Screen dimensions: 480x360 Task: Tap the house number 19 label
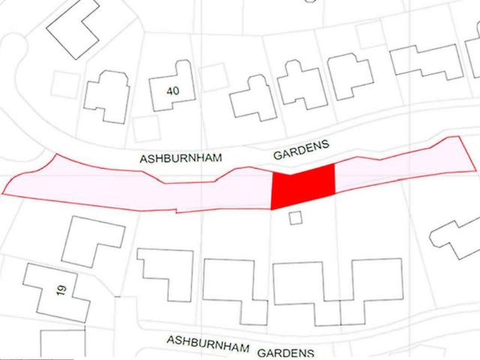62,289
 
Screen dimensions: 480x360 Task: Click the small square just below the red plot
295,217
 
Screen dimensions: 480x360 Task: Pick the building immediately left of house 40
106,96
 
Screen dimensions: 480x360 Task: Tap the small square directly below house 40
145,127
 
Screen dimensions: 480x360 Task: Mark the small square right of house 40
214,77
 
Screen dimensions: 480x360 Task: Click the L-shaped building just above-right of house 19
91,240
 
